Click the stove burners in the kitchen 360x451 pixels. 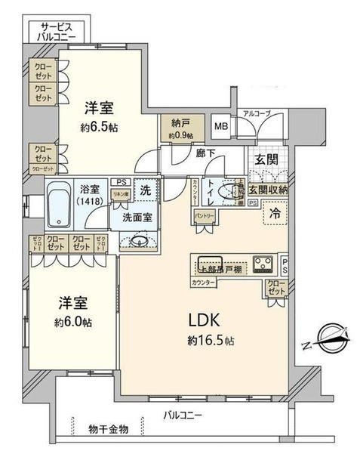pos(263,264)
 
